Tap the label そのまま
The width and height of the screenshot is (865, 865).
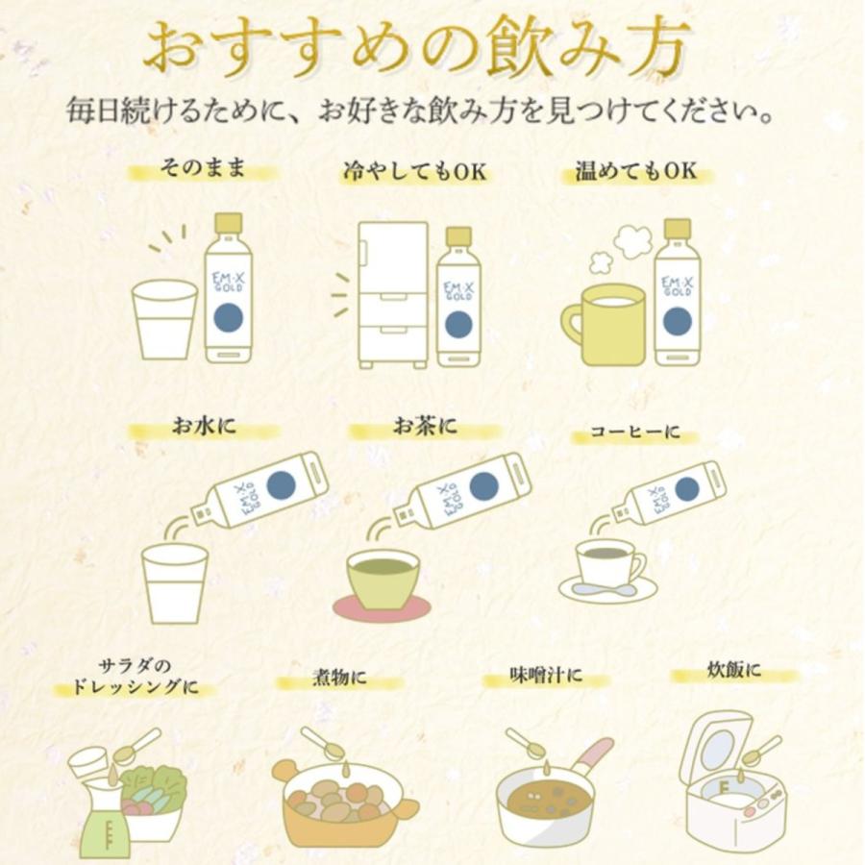(x=203, y=170)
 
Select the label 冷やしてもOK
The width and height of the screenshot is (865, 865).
(x=415, y=172)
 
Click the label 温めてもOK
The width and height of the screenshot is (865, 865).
(x=634, y=172)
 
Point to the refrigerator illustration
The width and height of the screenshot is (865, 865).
(x=392, y=295)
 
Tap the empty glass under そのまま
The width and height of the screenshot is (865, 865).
(x=164, y=319)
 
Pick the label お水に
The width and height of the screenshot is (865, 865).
(x=203, y=427)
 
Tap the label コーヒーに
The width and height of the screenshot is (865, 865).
(x=634, y=432)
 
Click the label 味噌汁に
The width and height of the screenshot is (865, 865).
(x=545, y=678)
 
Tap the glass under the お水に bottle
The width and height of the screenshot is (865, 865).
(x=174, y=582)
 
